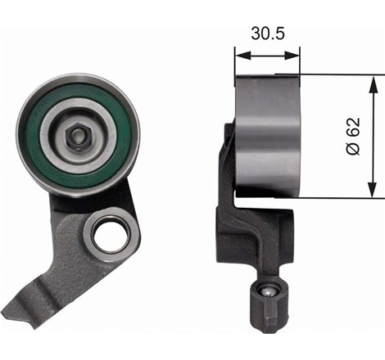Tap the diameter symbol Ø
pos(353,151)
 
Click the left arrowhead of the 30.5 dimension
pos(239,55)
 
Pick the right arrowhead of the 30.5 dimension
pos(297,55)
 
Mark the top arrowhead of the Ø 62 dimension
pos(373,79)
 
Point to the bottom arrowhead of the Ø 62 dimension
pos(373,193)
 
